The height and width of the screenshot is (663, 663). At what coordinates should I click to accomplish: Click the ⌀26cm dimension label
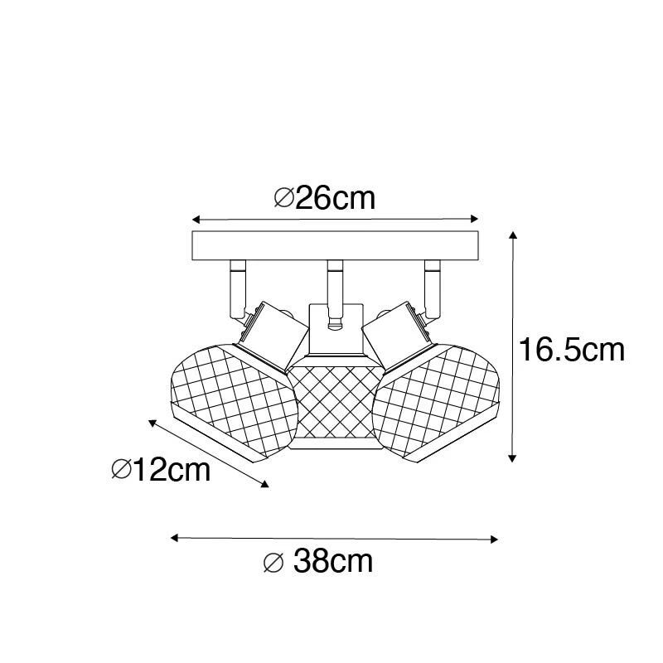coord(325,198)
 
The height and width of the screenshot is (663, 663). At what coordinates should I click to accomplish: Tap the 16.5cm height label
coord(572,350)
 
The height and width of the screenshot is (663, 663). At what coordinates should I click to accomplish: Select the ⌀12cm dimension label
coord(161,469)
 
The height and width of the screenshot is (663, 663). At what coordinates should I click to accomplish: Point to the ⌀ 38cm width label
coord(318,561)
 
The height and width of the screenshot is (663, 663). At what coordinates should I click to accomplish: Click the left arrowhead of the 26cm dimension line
coord(196,220)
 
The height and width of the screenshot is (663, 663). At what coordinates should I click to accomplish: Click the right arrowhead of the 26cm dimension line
coord(474,219)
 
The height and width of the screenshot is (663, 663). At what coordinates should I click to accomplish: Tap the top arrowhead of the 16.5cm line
coord(513,235)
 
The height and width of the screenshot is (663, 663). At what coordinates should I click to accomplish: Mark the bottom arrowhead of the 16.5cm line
coord(512,458)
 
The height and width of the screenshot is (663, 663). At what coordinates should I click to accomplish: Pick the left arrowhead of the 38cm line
coord(175,538)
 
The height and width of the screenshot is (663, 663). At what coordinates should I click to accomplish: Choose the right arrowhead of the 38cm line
coord(494,540)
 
